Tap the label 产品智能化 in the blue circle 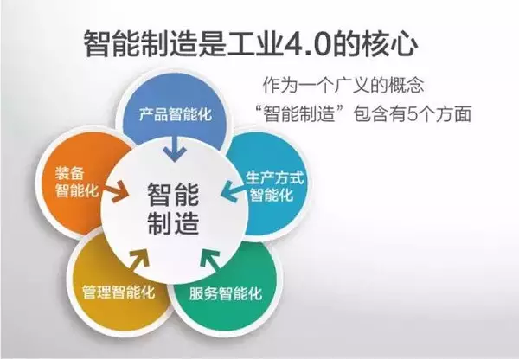(x=176, y=114)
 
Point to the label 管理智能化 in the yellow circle (x=119, y=291)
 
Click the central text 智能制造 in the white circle (x=174, y=207)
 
